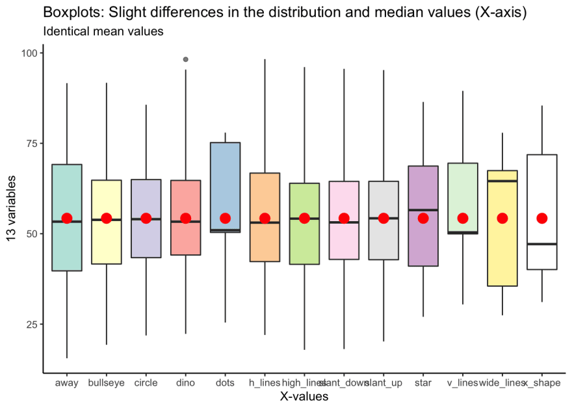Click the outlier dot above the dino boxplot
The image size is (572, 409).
(186, 59)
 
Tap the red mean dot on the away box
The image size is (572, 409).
(67, 218)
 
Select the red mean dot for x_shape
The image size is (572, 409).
(541, 218)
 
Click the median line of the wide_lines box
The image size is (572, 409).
(502, 181)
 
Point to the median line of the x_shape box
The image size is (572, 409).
(541, 244)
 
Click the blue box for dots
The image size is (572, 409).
(225, 182)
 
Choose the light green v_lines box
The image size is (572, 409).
(462, 189)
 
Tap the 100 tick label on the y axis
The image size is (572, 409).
(30, 53)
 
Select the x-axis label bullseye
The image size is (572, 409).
(106, 383)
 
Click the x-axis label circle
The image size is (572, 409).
(146, 383)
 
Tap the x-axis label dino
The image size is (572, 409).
(185, 383)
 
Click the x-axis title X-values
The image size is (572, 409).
(304, 396)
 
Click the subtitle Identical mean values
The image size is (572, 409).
(102, 31)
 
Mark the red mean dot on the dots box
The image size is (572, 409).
(225, 218)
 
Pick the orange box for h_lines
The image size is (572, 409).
(265, 195)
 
